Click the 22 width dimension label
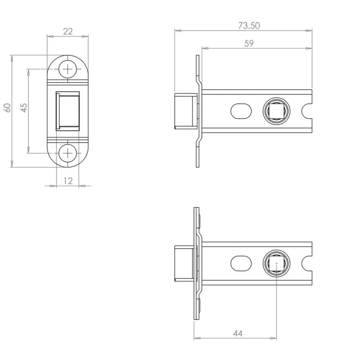click(x=67, y=31)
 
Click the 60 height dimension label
click(x=7, y=107)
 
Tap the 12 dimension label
click(x=67, y=181)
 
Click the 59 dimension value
click(x=248, y=44)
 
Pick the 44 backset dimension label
click(x=237, y=333)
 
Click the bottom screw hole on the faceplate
click(x=67, y=153)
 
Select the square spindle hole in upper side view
click(x=277, y=111)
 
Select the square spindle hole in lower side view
click(x=277, y=263)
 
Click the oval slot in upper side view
click(x=241, y=111)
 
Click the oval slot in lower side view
click(x=241, y=263)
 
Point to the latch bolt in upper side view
click(x=185, y=111)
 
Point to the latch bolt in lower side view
click(x=184, y=263)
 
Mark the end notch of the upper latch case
click(x=309, y=111)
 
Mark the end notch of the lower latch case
click(x=309, y=263)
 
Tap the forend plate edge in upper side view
click(x=198, y=111)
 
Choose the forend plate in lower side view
click(x=196, y=263)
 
